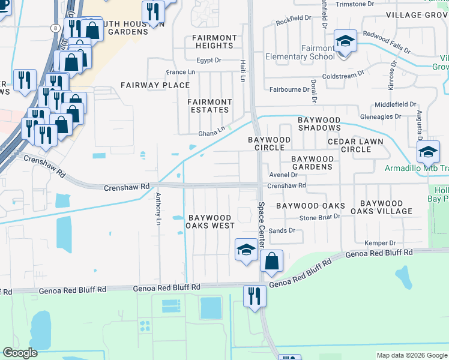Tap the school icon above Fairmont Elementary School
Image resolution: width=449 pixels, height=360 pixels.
click(345, 41)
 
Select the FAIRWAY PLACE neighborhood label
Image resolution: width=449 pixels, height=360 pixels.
click(156, 85)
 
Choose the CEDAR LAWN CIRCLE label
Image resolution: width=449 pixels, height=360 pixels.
click(357, 142)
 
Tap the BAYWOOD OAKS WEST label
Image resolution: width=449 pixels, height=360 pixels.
click(209, 221)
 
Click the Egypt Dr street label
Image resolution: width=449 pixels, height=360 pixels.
click(209, 61)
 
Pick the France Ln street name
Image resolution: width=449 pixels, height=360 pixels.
click(181, 72)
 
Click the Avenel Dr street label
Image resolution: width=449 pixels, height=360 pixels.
click(283, 175)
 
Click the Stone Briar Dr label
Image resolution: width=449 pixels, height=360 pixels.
click(320, 217)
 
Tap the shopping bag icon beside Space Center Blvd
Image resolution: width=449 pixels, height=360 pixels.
click(271, 261)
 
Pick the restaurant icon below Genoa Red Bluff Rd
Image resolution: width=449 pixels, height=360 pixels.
click(255, 296)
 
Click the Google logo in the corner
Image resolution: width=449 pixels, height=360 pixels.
click(20, 353)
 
